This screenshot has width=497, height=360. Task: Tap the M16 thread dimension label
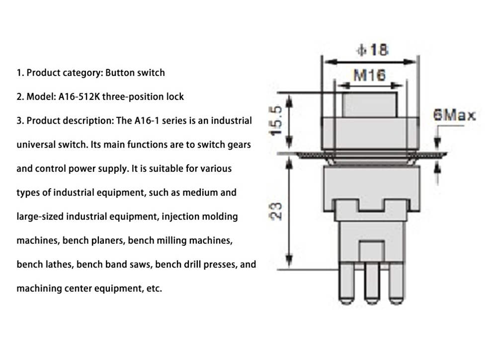tap(369, 75)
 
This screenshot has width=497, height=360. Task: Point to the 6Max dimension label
tap(454, 116)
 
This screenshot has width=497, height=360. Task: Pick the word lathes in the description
tap(58, 265)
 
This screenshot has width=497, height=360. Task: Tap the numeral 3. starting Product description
tap(20, 121)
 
